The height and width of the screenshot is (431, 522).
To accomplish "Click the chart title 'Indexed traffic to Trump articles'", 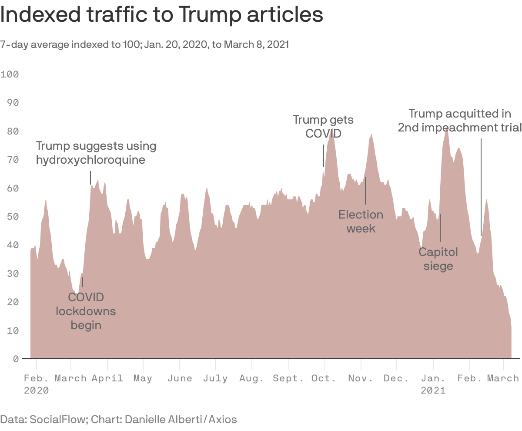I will click(x=161, y=15).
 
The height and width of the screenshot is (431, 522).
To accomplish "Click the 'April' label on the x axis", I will click(x=107, y=378).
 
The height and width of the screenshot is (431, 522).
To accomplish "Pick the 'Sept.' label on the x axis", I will click(x=288, y=378).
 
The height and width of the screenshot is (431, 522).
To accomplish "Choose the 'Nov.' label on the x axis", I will click(x=361, y=378).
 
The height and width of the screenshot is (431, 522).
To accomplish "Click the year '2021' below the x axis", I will click(x=433, y=390).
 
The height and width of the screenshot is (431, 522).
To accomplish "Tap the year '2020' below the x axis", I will click(x=36, y=390).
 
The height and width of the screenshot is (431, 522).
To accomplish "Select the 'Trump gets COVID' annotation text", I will click(x=323, y=126).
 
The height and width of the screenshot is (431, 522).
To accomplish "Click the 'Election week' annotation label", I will click(x=361, y=221).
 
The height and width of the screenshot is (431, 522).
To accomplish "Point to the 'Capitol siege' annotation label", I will click(x=438, y=259).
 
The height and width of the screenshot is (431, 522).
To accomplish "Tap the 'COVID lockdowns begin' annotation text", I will click(x=86, y=311).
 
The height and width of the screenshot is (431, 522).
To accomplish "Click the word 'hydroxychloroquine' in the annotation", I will click(x=90, y=160).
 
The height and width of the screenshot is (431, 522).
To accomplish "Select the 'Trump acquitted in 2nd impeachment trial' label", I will click(x=460, y=121).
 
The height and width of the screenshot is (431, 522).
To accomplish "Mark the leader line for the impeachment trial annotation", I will click(x=481, y=187).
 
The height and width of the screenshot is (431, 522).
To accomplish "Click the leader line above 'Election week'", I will click(x=365, y=190).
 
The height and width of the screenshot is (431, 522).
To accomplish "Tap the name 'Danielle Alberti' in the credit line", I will click(x=165, y=420).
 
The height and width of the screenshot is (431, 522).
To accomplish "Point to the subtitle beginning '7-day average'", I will click(x=144, y=44).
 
